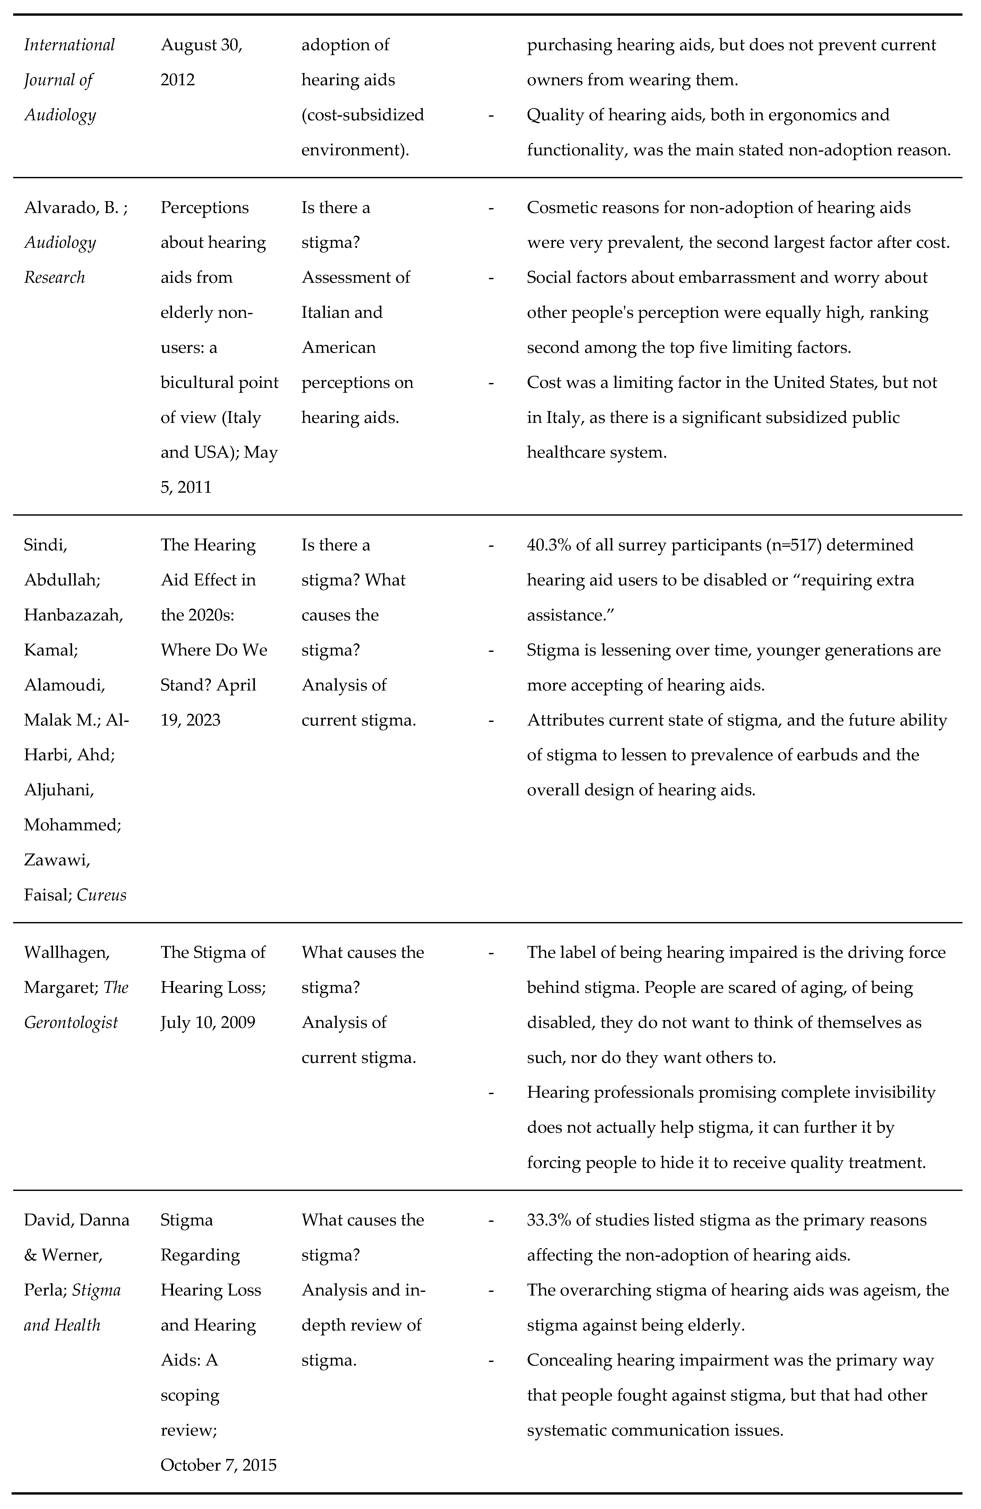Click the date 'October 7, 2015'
pos(219,1465)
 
